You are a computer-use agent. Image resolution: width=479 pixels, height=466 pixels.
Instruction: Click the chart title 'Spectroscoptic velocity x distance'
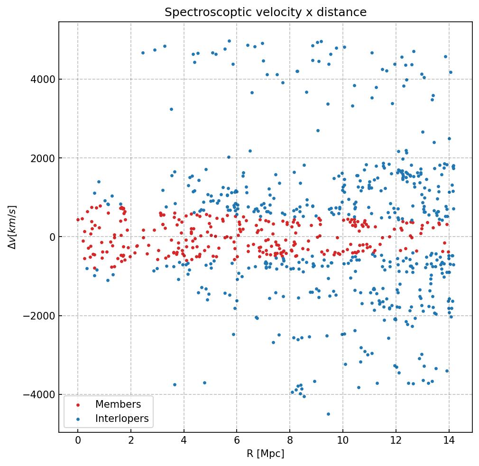pos(266,12)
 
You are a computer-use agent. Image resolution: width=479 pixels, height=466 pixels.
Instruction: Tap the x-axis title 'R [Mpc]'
pos(265,454)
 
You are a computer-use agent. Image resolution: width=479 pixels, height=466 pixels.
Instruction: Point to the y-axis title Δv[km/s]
pos(13,227)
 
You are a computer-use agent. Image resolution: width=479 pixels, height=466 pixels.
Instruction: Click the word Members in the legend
pos(118,404)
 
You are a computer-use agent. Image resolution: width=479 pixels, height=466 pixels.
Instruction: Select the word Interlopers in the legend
pos(122,419)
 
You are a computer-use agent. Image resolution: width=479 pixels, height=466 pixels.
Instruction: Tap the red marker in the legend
pos(78,405)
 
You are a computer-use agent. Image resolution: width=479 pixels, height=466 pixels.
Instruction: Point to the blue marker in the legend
pos(78,419)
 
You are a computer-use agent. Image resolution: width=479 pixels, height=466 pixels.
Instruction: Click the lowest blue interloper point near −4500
pos(328,414)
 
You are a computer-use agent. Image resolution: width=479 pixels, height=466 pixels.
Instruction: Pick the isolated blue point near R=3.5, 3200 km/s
pos(171,109)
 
